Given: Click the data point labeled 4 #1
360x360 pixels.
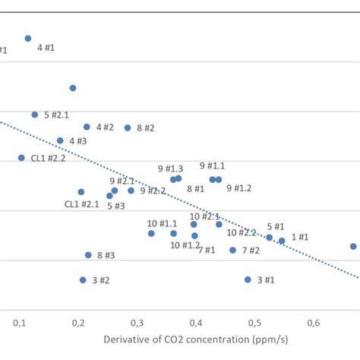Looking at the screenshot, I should tap(28, 38).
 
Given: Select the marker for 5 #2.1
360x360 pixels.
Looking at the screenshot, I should tap(35, 115).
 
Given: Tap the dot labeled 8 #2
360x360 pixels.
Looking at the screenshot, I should tap(128, 128).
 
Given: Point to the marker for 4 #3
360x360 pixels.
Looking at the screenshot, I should tap(60, 141).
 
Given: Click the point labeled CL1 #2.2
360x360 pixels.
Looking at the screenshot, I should tap(21, 158).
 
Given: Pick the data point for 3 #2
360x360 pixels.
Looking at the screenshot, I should tap(83, 280).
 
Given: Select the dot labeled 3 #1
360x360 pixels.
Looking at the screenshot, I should tap(248, 279).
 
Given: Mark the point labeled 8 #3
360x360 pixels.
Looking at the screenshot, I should tap(88, 255).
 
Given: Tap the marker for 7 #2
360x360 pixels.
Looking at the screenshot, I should tap(233, 250).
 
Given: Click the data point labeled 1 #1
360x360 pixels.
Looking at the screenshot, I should tap(282, 241).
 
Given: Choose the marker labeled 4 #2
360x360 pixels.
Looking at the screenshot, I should tap(87, 127).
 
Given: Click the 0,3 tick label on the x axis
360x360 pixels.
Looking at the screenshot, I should tap(196, 324).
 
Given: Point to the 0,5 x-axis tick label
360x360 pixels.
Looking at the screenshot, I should tap(254, 324).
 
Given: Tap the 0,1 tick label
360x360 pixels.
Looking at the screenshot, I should tap(20, 324).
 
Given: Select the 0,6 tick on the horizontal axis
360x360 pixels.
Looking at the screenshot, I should tap(313, 324).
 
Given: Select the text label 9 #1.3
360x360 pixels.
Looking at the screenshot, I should tap(170, 169).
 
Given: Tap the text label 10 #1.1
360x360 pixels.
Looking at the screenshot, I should tap(162, 223).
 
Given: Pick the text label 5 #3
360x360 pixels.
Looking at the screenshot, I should tap(115, 206).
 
